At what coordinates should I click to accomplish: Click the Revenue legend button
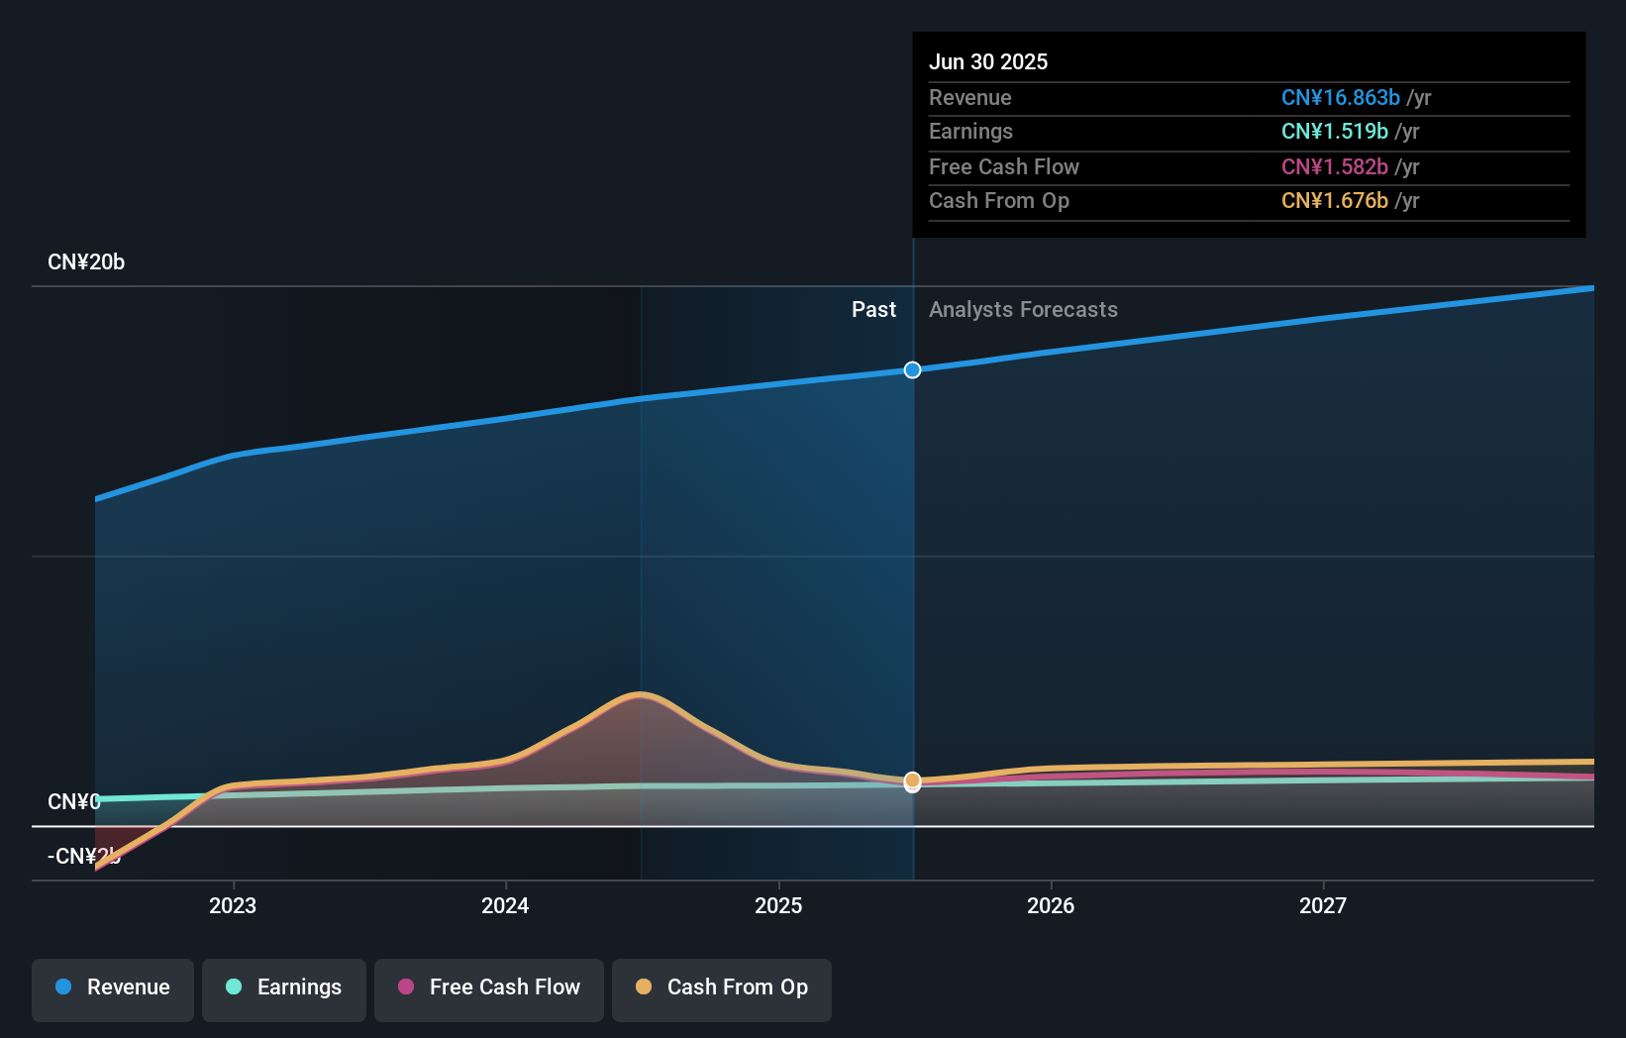(113, 988)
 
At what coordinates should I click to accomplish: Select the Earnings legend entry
(284, 988)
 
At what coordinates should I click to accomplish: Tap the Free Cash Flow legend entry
(489, 988)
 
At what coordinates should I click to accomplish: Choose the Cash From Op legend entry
(722, 988)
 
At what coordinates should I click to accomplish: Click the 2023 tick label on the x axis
(233, 906)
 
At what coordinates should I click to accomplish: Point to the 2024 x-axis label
(505, 906)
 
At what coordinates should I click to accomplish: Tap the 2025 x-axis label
(778, 906)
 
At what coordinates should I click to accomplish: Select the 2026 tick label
(1051, 906)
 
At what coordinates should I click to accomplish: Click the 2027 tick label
(1323, 906)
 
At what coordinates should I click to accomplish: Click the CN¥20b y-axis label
(86, 262)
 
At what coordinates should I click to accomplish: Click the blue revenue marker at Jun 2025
(913, 370)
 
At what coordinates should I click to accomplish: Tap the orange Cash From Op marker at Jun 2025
(913, 780)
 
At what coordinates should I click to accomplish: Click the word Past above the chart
(873, 310)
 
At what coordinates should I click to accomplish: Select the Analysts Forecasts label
(1023, 310)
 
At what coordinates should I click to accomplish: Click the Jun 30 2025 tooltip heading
(988, 62)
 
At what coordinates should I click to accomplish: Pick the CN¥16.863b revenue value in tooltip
(1340, 98)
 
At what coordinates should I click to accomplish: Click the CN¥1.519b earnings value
(1334, 132)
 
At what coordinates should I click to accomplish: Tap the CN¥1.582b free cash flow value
(1334, 167)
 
